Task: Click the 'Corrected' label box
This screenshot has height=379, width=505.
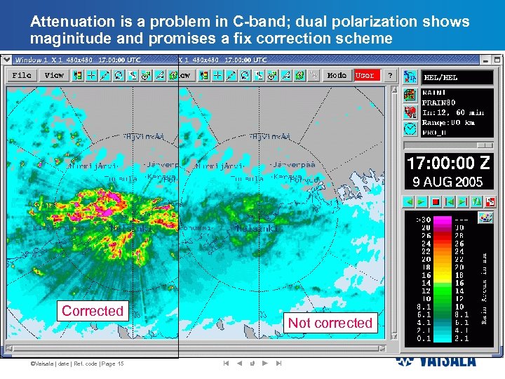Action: [93, 311]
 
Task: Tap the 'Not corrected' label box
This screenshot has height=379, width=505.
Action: [330, 323]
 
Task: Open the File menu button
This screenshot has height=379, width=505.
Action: [22, 75]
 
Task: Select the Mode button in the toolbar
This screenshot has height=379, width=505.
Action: [337, 75]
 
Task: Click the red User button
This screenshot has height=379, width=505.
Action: [365, 75]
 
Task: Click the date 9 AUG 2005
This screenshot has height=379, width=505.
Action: [447, 182]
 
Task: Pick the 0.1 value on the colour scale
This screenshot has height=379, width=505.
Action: [424, 338]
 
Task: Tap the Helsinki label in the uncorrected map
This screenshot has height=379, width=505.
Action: [257, 229]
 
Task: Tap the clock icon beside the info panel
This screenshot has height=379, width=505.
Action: [410, 128]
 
